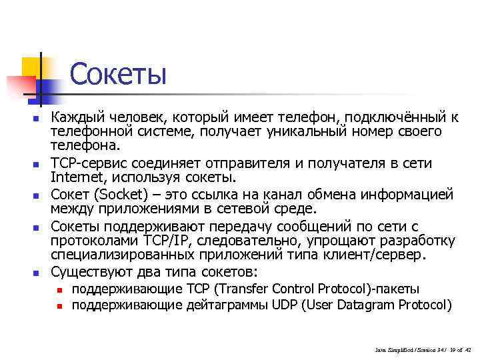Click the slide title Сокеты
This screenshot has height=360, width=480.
click(117, 75)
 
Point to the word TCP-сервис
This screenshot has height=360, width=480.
click(89, 163)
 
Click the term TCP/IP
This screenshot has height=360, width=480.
click(159, 241)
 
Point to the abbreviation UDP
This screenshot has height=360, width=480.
click(285, 305)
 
